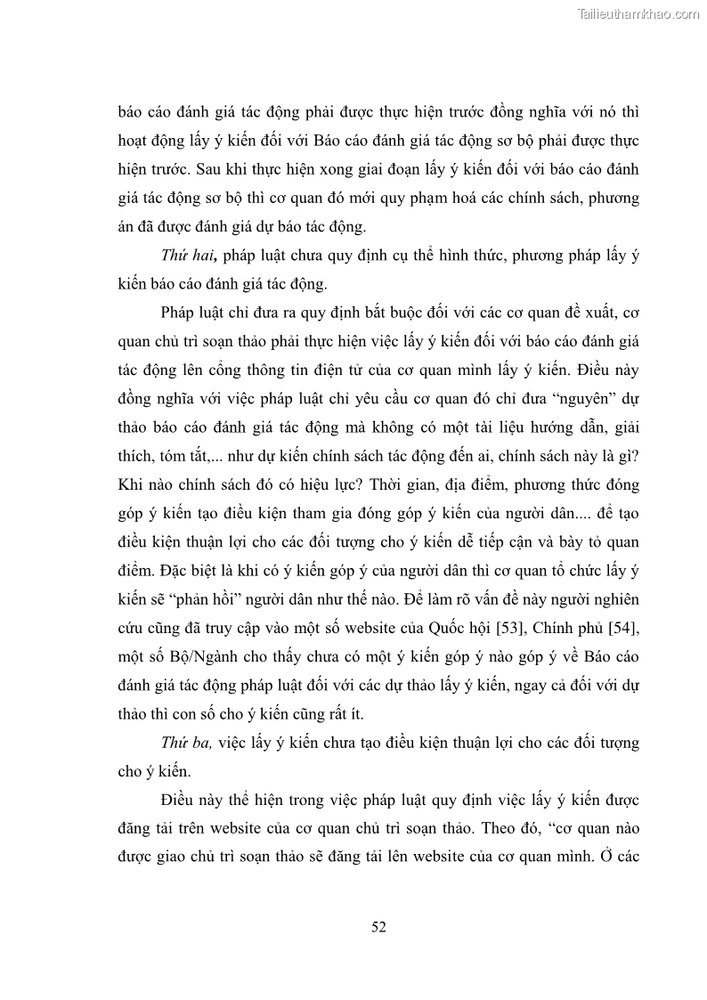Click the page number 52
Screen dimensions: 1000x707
[x=378, y=927]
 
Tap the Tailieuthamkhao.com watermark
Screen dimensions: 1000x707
[x=638, y=14]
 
